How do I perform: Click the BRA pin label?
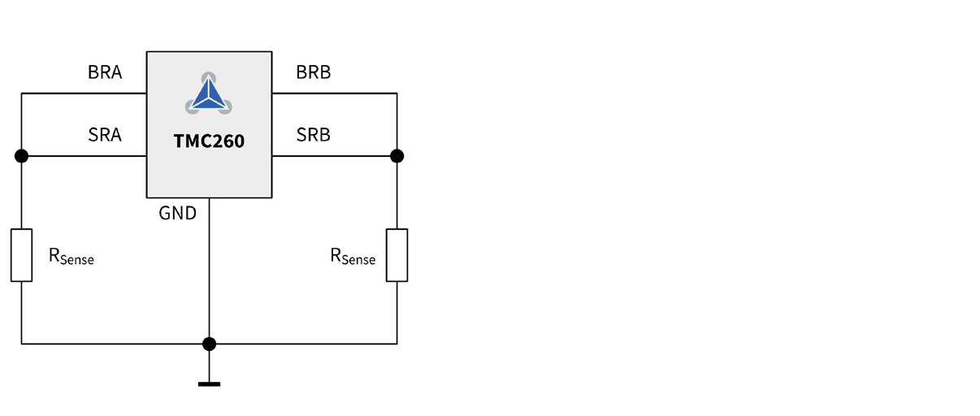click(105, 72)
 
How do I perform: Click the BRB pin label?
click(313, 72)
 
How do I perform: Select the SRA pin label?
click(105, 135)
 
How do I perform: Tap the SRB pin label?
click(313, 135)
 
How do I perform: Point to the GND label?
click(178, 214)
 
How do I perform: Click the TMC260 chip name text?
click(209, 141)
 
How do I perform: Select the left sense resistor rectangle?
click(21, 255)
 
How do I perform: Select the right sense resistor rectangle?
click(397, 255)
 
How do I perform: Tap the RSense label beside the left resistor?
click(72, 257)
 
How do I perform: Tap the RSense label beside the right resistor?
click(353, 257)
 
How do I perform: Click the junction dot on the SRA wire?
click(21, 156)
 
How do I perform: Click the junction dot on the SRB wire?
click(397, 156)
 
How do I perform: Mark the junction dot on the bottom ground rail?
click(209, 344)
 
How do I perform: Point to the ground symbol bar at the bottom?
click(209, 383)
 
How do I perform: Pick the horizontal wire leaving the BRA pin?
click(81, 93)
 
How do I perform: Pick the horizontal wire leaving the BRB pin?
click(333, 93)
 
